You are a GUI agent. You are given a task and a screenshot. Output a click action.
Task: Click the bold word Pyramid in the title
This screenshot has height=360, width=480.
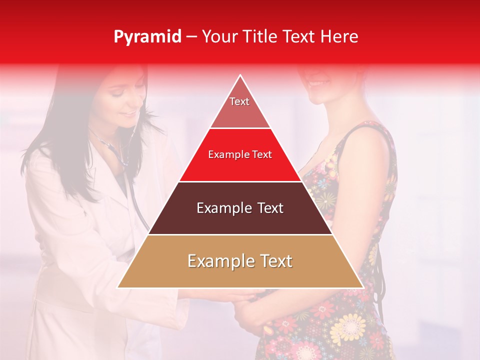click(x=147, y=37)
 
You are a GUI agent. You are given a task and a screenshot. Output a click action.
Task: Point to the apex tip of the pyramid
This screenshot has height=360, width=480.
click(x=240, y=75)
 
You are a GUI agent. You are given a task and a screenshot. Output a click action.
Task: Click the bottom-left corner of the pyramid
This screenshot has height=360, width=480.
click(x=118, y=287)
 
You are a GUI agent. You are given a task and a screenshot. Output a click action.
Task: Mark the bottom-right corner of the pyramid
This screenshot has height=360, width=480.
click(x=362, y=287)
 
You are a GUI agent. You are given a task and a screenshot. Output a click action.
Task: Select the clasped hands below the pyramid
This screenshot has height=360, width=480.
click(x=235, y=300)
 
